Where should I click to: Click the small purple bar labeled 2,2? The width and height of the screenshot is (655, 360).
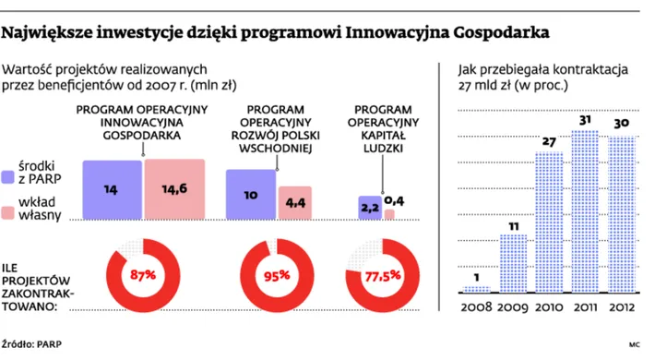pos(369,208)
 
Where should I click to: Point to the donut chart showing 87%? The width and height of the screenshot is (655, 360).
pos(142,274)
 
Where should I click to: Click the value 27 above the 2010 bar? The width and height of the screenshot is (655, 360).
pos(548,141)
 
